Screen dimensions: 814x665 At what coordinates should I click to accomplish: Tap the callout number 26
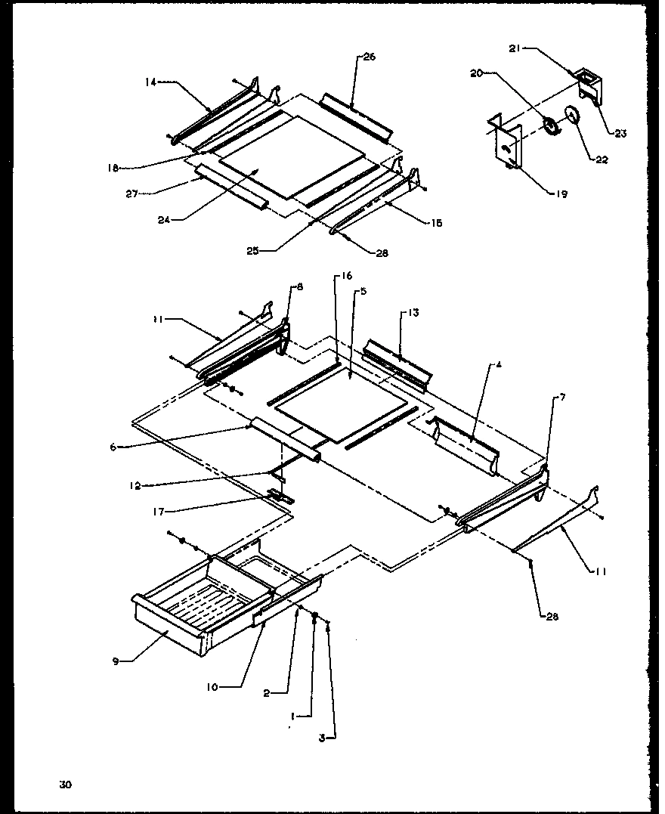coord(369,57)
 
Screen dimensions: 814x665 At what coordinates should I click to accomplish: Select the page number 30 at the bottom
coord(66,785)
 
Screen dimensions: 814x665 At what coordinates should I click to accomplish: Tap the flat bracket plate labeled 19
coord(506,144)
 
